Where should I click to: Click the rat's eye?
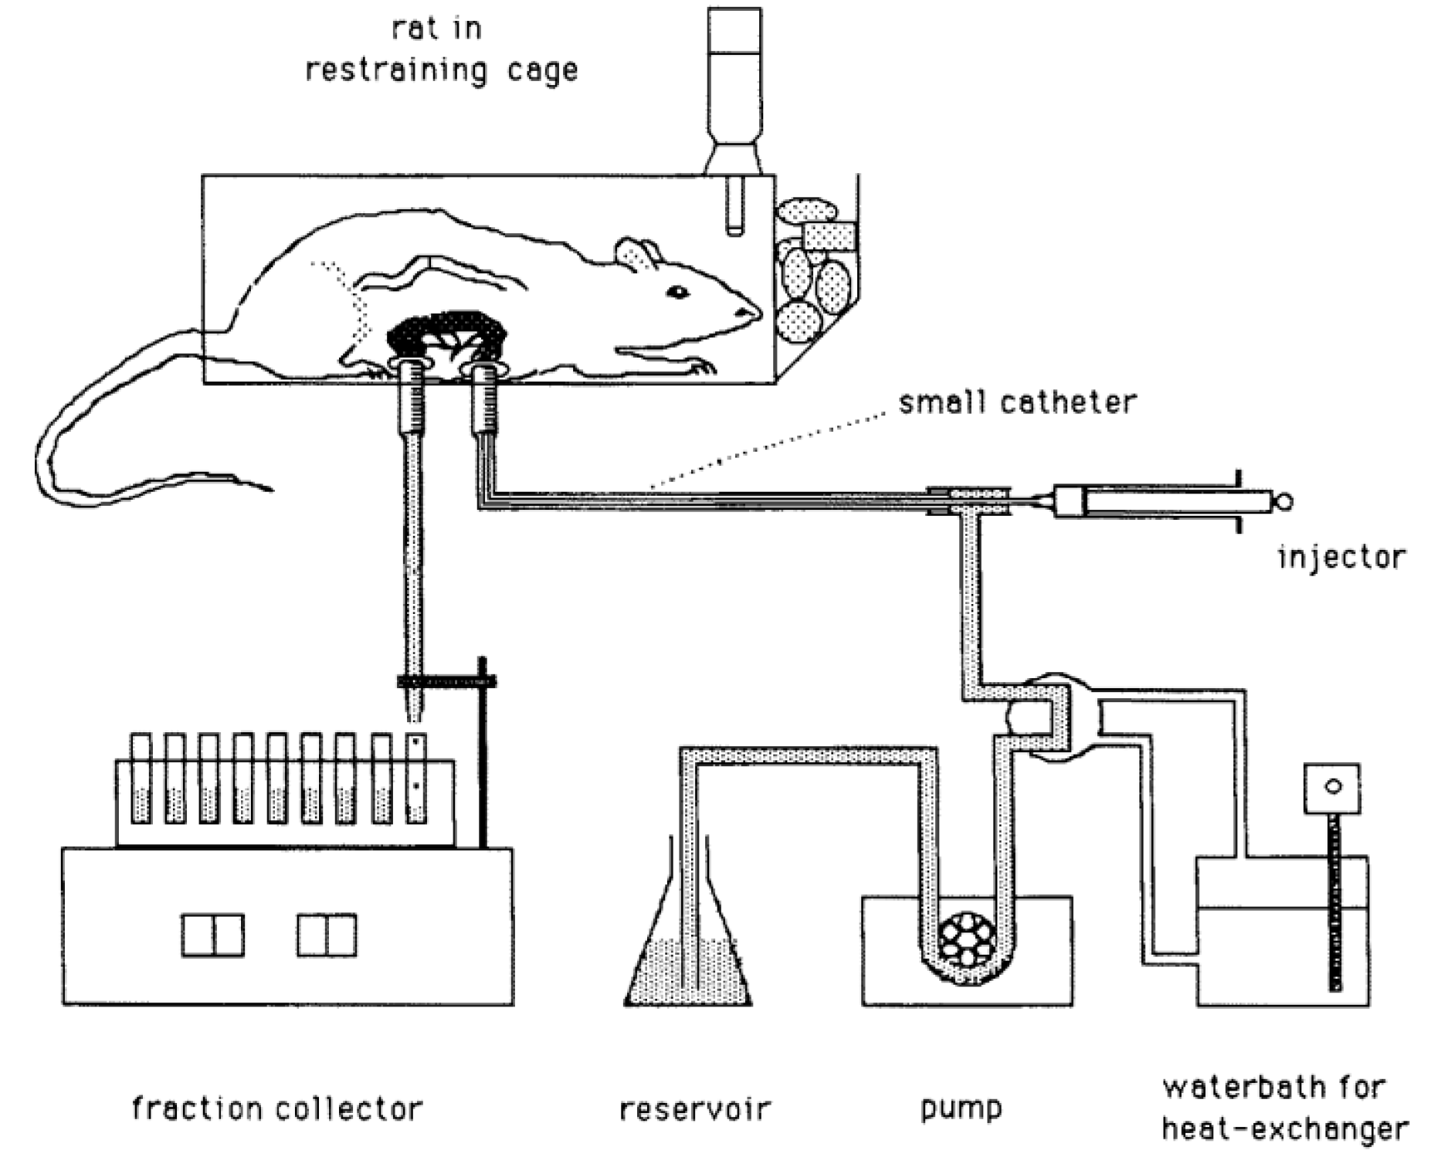(x=677, y=292)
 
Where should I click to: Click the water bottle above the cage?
(x=734, y=85)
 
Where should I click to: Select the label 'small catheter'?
(x=1017, y=403)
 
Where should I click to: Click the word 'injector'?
(x=1341, y=557)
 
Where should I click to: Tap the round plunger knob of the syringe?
(x=1283, y=502)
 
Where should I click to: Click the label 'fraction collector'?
(x=277, y=1108)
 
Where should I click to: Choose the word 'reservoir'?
(x=695, y=1109)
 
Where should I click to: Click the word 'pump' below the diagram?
(x=961, y=1109)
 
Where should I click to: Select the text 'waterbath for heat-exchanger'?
(x=1283, y=1109)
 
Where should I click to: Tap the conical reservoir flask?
(x=687, y=965)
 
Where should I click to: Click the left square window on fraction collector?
(x=213, y=935)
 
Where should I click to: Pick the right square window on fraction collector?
(x=327, y=935)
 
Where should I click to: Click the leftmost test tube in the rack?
(x=141, y=779)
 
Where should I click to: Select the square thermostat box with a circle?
(x=1331, y=789)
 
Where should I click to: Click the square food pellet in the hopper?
(x=830, y=236)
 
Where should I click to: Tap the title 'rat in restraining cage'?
(x=440, y=50)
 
